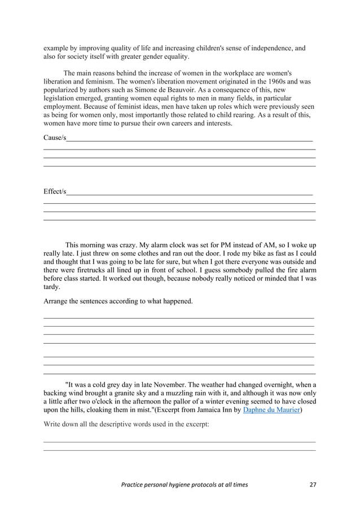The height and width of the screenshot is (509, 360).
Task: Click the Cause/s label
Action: (x=55, y=138)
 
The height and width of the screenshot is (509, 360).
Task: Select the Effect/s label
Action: (x=55, y=192)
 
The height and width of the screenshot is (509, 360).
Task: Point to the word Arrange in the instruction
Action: (x=56, y=301)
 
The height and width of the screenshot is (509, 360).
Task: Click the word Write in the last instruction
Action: (x=53, y=424)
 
